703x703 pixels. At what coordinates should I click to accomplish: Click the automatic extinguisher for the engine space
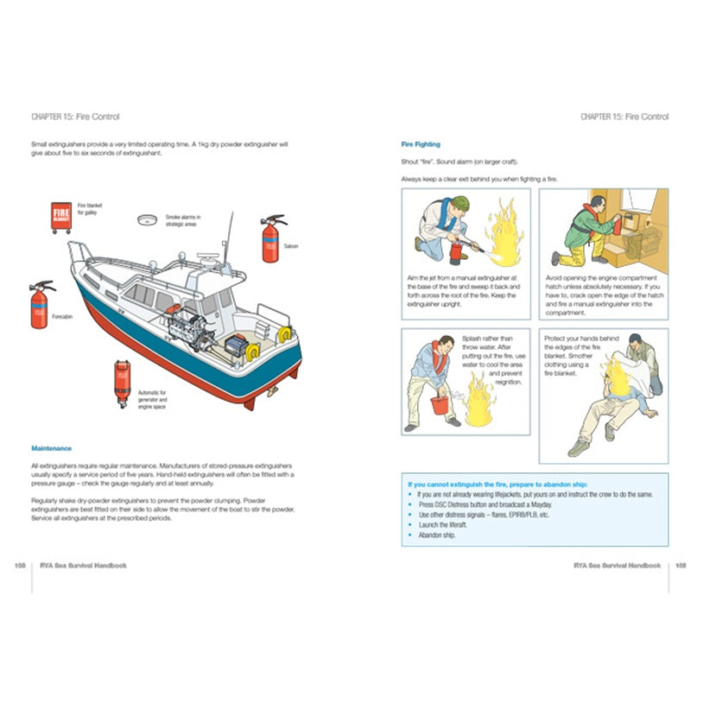(123, 378)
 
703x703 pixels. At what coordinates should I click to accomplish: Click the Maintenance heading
(51, 448)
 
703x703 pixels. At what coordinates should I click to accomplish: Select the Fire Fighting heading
(421, 144)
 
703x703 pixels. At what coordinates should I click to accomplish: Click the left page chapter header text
(75, 117)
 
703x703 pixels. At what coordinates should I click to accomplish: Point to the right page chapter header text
(624, 117)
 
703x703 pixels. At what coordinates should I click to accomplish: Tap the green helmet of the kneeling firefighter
(462, 203)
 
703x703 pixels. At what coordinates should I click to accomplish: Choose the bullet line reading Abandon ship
(435, 535)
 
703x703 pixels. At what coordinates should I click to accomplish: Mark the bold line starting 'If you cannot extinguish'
(509, 484)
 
